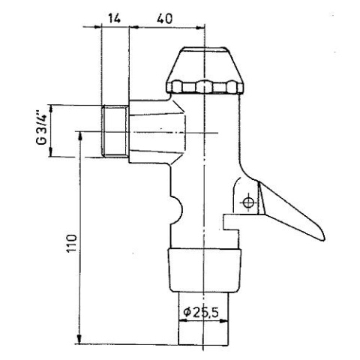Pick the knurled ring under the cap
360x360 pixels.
click(204, 88)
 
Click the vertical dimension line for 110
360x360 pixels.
click(78, 240)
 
